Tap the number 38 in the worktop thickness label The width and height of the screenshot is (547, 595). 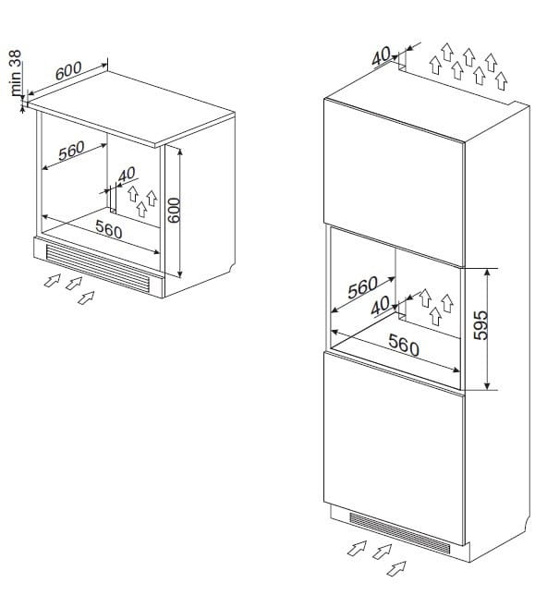tap(16, 58)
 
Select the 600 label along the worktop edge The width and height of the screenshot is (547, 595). tap(68, 70)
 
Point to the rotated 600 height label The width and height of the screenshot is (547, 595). tap(174, 211)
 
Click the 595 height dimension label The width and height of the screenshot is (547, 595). tap(480, 325)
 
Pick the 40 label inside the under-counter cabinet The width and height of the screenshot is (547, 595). tap(127, 175)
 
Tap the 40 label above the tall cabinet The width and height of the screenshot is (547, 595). tap(381, 55)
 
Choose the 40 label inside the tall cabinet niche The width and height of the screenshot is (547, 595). tap(380, 306)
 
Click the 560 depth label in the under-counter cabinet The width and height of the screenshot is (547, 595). tap(72, 151)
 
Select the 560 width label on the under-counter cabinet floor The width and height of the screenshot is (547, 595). tap(109, 229)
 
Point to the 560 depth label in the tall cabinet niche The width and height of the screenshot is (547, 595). tap(363, 287)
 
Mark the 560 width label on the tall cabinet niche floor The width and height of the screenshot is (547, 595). tap(404, 346)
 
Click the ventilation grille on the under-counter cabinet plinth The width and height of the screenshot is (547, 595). tap(97, 268)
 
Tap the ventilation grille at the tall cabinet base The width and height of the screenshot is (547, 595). tap(400, 532)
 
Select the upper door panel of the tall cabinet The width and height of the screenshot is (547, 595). tap(394, 182)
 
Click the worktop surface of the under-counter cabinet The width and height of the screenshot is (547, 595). tap(131, 108)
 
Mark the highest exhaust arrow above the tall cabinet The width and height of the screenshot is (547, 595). tap(447, 52)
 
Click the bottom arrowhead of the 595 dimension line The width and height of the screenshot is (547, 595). tap(488, 387)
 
